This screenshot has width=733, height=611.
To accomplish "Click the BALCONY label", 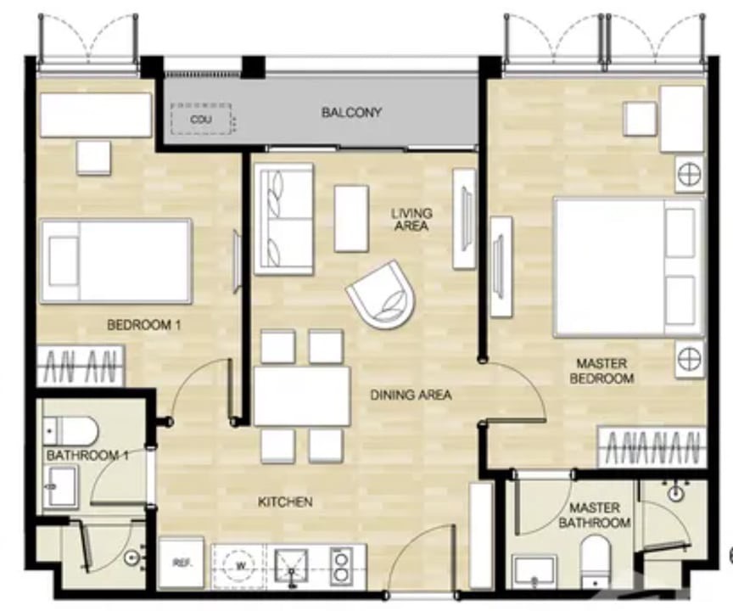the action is coord(351,112).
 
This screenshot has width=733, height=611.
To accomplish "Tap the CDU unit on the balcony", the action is coord(201,119).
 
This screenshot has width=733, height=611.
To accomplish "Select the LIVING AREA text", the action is coord(411,220).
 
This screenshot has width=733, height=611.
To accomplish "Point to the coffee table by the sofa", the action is coord(351,218).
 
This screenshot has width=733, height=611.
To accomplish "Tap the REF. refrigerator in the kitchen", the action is coord(182,563).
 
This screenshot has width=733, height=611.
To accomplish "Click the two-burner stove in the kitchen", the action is coord(341,566).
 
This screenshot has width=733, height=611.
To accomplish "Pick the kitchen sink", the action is coord(291,566).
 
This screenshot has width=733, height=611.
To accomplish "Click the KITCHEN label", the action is coord(285,502).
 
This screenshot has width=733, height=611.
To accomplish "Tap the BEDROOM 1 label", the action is coord(144,324).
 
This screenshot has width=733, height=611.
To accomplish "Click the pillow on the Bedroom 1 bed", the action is coord(64,261).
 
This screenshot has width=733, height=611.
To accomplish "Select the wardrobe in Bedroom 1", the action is coord(81,366).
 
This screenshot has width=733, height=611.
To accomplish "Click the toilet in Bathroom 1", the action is coord(70,430).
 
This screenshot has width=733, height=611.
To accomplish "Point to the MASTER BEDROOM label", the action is coord(602,370).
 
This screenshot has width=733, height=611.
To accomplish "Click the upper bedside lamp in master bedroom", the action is coord(690,175).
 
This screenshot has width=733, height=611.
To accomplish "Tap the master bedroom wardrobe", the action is coord(651,446).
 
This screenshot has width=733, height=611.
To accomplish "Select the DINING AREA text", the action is coord(411,395).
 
